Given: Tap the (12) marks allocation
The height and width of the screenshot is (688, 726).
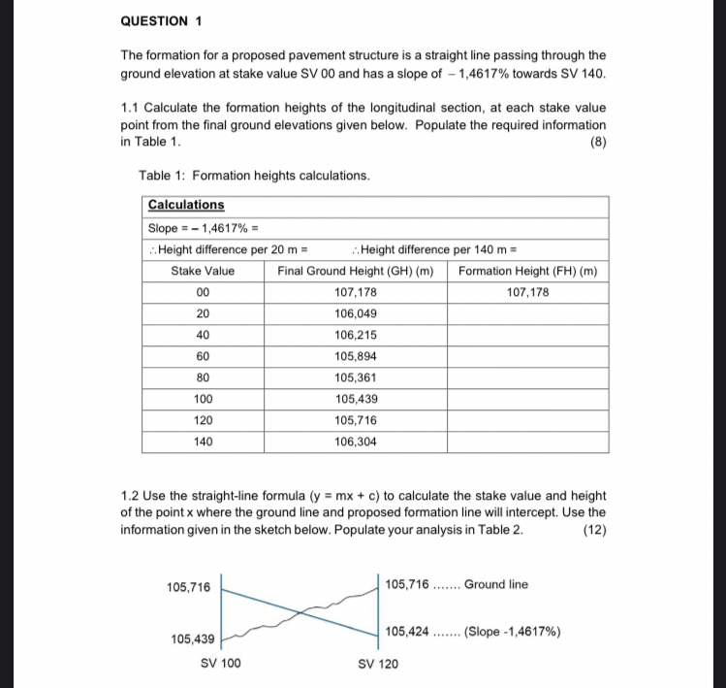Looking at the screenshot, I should point(593,530).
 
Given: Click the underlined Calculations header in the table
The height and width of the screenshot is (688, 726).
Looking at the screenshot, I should point(185,205).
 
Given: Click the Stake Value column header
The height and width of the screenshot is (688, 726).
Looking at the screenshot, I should point(202,271).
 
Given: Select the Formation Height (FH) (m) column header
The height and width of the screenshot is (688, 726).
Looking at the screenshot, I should point(527,271).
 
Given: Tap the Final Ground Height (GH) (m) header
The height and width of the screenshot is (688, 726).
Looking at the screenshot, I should point(355,271).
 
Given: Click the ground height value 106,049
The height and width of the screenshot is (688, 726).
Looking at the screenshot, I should point(355,313).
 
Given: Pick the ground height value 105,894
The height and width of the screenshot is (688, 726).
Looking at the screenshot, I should point(355,356).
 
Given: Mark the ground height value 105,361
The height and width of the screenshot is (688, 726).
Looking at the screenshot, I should point(355,377).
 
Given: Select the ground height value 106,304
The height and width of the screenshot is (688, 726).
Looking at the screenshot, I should point(355,442).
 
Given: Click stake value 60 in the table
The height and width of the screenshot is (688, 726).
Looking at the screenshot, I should point(202,356).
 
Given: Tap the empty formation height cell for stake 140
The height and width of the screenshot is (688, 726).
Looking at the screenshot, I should point(527,442).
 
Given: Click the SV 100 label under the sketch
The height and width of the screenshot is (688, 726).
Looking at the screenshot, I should point(220,664).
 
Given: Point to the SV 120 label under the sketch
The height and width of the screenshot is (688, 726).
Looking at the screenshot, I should point(377,664).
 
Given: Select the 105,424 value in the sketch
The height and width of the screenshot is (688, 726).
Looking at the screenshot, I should point(407,632).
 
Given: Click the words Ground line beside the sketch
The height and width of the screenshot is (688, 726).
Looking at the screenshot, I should point(496,584).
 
